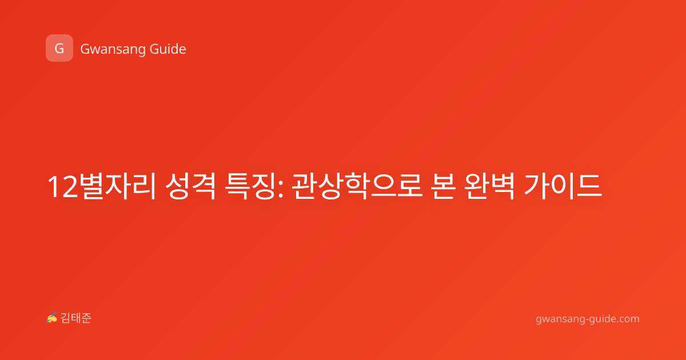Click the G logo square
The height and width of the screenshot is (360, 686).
click(x=59, y=48)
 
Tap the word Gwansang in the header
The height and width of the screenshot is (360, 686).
click(x=113, y=49)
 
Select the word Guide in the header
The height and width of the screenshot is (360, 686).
click(x=168, y=49)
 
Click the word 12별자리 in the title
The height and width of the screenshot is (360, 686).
click(x=102, y=186)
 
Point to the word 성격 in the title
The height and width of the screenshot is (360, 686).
click(x=190, y=186)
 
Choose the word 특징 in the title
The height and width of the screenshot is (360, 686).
click(x=249, y=186)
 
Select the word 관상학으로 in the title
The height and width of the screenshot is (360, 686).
click(x=357, y=186)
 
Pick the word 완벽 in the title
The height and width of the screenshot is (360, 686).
click(x=489, y=186)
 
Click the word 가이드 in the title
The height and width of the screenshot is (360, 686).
click(x=563, y=186)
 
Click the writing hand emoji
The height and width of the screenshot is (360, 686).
click(x=52, y=318)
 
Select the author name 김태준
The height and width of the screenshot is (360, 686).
click(x=76, y=318)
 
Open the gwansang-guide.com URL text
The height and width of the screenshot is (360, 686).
click(x=588, y=319)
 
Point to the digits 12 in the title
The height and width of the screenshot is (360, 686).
click(x=62, y=187)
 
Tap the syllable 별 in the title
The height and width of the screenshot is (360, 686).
click(x=91, y=186)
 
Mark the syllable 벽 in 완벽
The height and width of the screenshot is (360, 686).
click(x=502, y=186)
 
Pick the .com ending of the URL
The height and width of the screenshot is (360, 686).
click(x=626, y=319)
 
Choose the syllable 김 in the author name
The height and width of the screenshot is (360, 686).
click(x=66, y=318)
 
